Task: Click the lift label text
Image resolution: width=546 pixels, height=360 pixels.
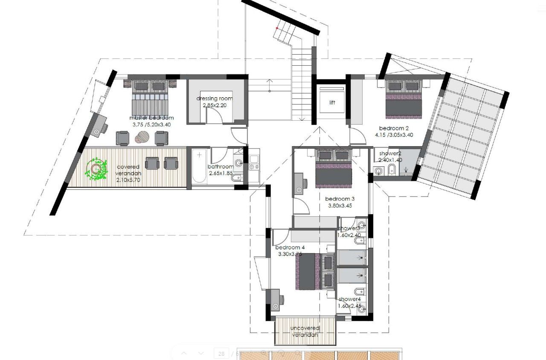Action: (332, 103)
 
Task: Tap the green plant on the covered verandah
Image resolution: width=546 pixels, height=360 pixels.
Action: (96, 169)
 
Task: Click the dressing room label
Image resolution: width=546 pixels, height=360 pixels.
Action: (215, 99)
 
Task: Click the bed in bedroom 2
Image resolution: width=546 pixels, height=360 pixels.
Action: (404, 101)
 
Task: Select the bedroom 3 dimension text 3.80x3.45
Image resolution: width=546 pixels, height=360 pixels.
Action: (340, 206)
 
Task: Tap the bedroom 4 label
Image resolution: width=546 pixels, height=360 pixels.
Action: (290, 247)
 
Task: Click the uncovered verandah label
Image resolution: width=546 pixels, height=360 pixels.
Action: (305, 331)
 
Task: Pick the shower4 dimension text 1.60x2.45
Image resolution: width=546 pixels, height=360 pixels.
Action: (349, 306)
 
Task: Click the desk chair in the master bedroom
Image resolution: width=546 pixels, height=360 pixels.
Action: (99, 129)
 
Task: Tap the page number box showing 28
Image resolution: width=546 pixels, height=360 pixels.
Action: (221, 354)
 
